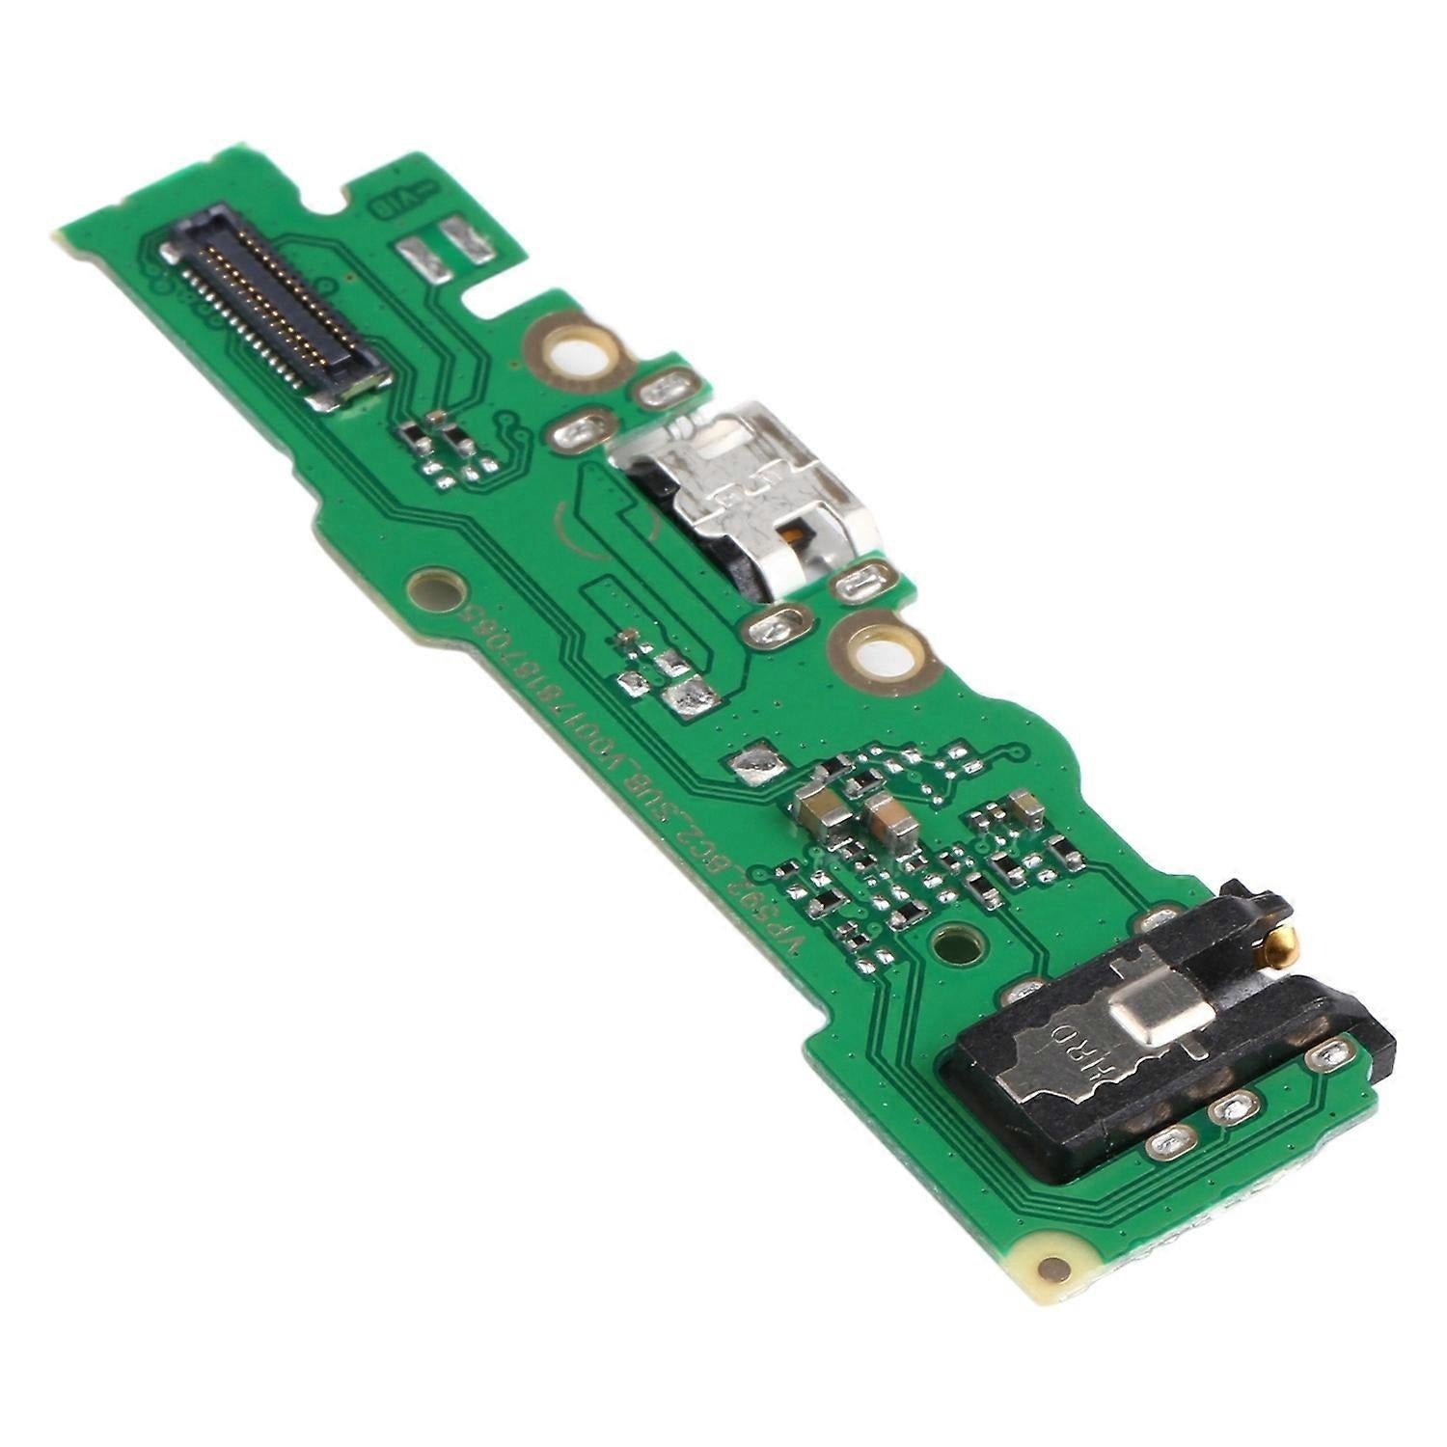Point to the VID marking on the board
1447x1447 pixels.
click(388, 200)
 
